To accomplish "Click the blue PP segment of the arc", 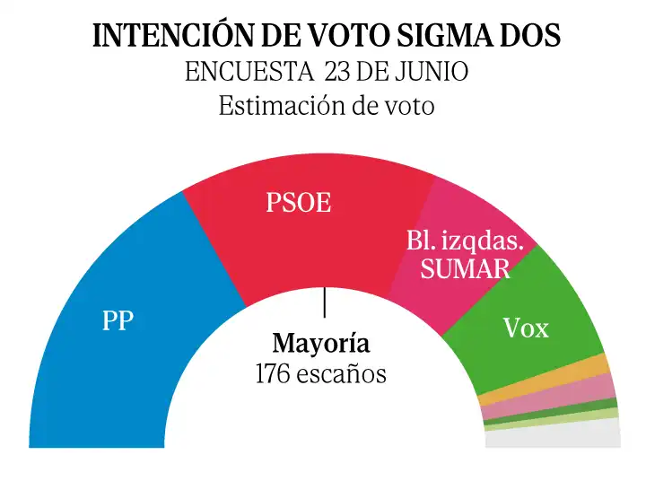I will click(x=99, y=359).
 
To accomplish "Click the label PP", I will click(x=118, y=320).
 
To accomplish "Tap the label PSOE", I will click(x=298, y=204).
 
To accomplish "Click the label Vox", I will click(x=526, y=329).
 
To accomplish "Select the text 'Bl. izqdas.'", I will click(x=458, y=241).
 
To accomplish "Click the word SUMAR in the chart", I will click(x=465, y=268).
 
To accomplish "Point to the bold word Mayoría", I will click(x=321, y=344).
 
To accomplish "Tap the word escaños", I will click(x=345, y=373).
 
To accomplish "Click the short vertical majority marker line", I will click(x=324, y=302).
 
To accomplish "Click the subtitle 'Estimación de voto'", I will click(x=327, y=105).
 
